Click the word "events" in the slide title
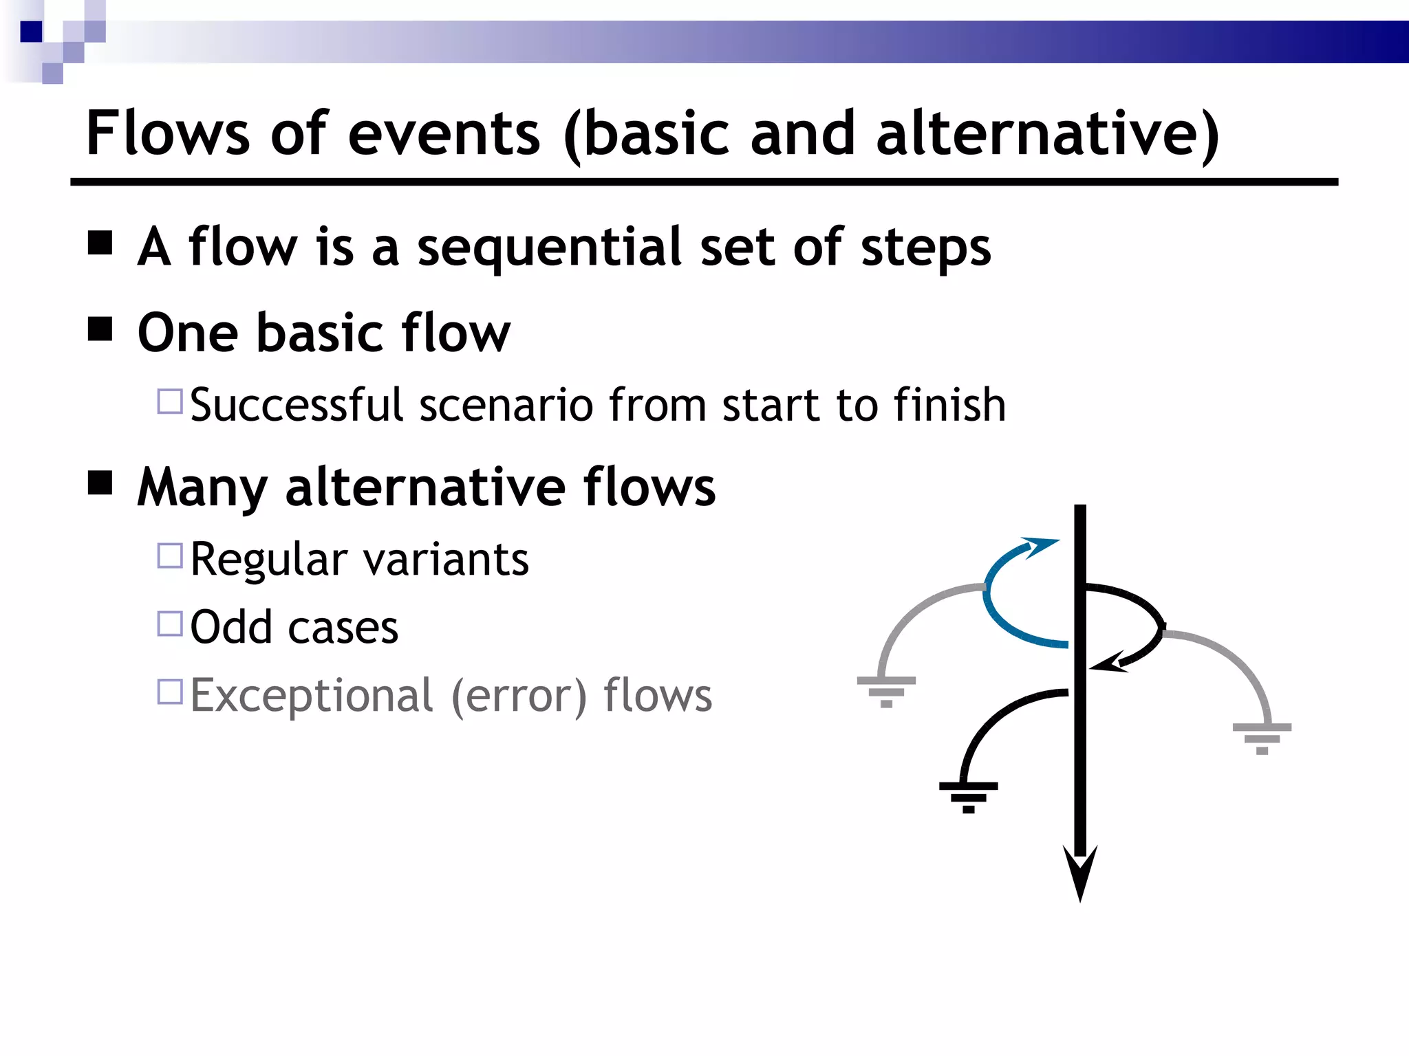coord(444,134)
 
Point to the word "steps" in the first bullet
coord(925,247)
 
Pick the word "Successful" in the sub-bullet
coord(296,405)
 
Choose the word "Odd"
coord(230,627)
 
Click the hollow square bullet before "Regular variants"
coord(170,555)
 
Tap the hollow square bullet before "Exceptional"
coord(170,692)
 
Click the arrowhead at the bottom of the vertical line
coord(1080,872)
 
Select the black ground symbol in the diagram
coord(969,796)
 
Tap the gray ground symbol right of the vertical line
coord(1262,738)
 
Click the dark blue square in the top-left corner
coord(32,32)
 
